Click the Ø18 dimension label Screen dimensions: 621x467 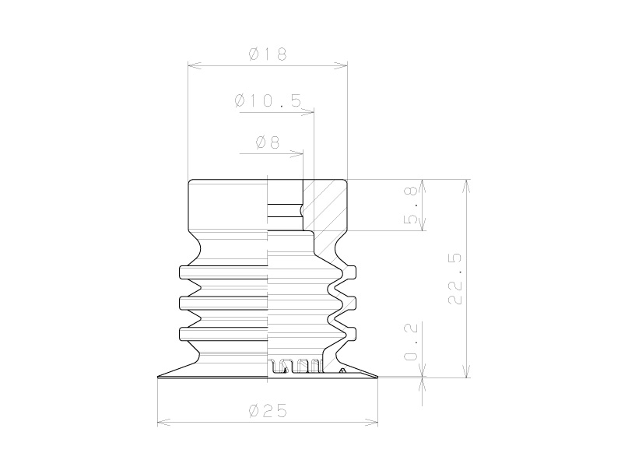[268, 54]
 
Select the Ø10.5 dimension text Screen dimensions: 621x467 [268, 101]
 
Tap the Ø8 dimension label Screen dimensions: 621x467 [268, 142]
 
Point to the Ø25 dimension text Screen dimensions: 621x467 [268, 411]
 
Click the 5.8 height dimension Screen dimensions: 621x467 [411, 205]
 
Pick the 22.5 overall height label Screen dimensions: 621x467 [455, 279]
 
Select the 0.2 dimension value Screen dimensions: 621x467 [411, 342]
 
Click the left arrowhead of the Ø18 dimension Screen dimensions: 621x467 [194, 66]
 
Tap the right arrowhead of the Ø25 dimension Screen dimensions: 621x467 [371, 423]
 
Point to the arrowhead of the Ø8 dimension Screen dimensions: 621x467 [297, 154]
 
